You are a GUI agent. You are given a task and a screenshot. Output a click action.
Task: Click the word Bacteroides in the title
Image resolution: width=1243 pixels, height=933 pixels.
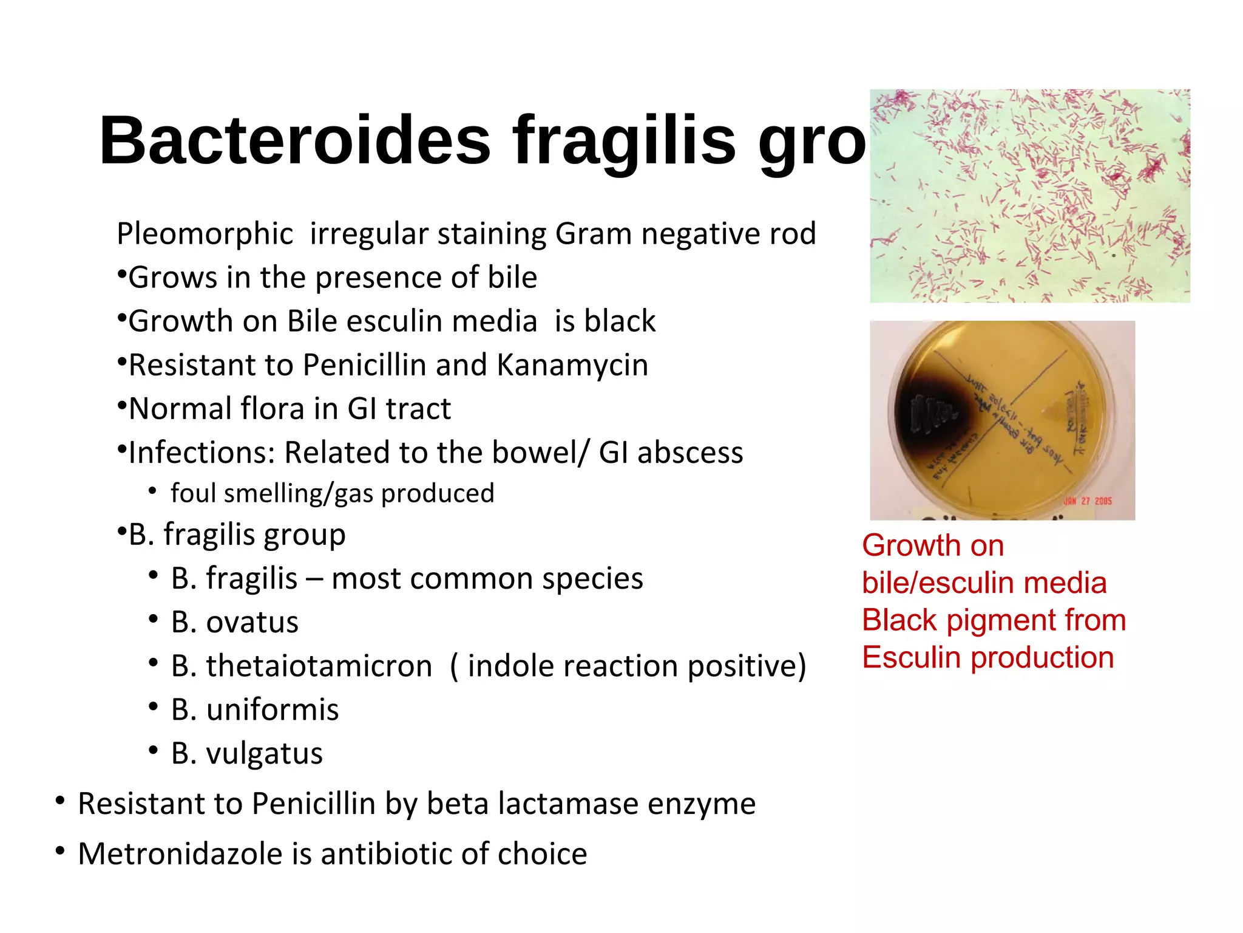coord(295,141)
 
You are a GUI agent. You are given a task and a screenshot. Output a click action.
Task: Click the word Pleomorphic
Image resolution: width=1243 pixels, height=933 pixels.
coord(205,234)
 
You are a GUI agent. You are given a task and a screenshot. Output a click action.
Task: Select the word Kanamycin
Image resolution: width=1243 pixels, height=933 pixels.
coord(572,366)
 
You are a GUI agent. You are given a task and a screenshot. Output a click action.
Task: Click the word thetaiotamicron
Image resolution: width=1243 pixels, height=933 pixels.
coord(319,666)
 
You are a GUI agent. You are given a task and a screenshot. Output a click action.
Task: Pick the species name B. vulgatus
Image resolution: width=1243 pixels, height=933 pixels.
coord(246,754)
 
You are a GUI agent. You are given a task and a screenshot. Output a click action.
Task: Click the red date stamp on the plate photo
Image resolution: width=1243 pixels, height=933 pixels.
coord(1088,501)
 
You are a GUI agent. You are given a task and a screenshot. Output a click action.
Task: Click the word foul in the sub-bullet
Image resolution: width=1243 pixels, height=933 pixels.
coord(193,493)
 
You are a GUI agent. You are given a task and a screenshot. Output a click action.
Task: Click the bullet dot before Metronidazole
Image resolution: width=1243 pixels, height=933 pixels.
coord(59,851)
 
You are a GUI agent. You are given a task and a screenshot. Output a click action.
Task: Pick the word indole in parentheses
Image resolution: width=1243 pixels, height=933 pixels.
coord(511,666)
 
